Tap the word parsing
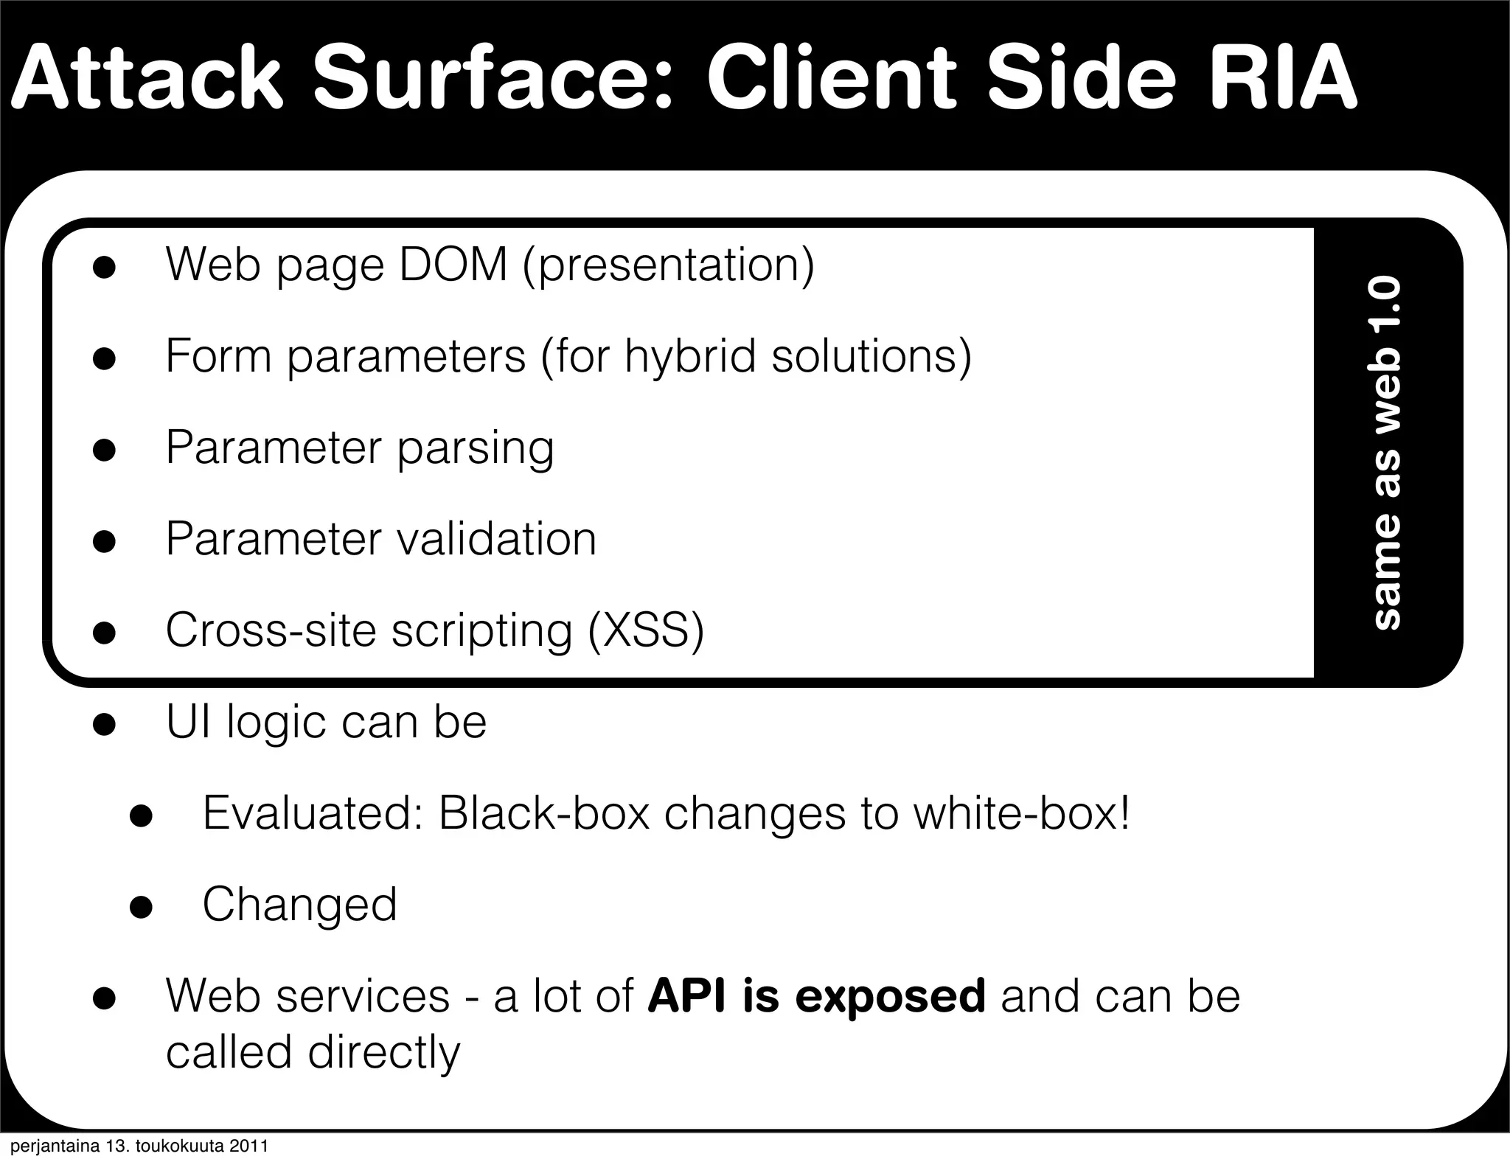point(475,448)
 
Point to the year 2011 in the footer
point(248,1147)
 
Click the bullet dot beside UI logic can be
point(104,724)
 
